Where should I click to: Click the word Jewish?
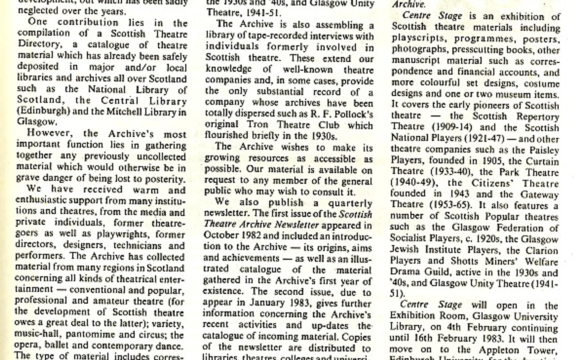(404, 250)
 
